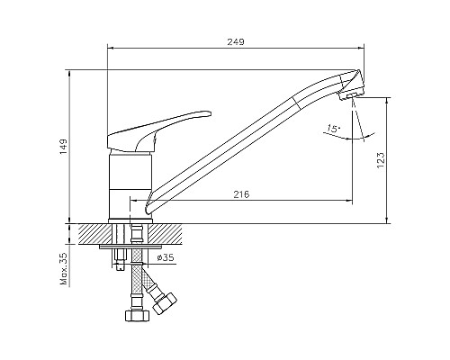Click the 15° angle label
[334, 130]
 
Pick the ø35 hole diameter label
[165, 258]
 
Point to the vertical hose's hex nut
[136, 315]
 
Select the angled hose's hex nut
[166, 303]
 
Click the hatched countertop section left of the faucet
[95, 233]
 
